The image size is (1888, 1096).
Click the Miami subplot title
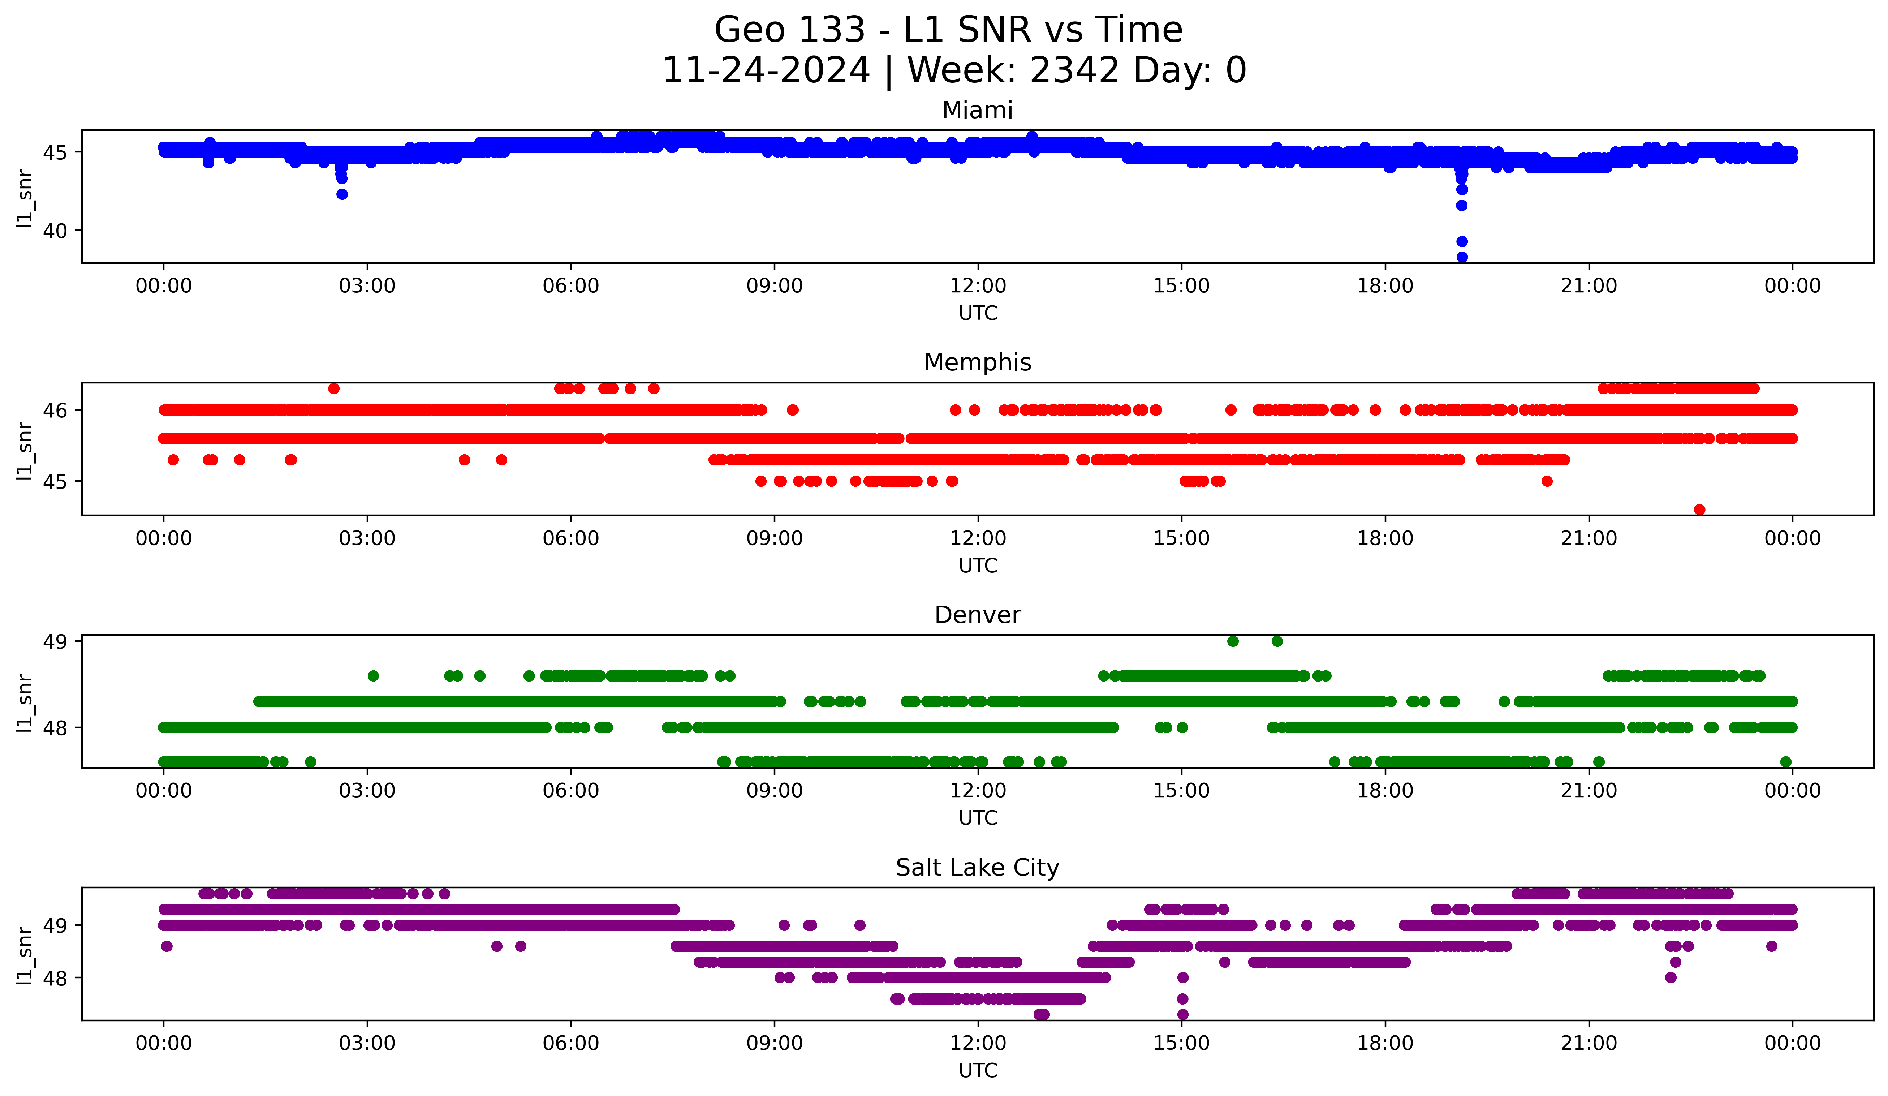[x=977, y=110]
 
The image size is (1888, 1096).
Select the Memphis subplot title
[x=977, y=362]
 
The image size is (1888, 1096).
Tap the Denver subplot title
[x=977, y=615]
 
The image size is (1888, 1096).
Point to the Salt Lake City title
[x=977, y=868]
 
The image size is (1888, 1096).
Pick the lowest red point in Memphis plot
[x=1699, y=510]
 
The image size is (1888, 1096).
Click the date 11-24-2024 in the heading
[x=766, y=70]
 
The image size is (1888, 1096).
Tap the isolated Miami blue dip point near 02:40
[x=342, y=194]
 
